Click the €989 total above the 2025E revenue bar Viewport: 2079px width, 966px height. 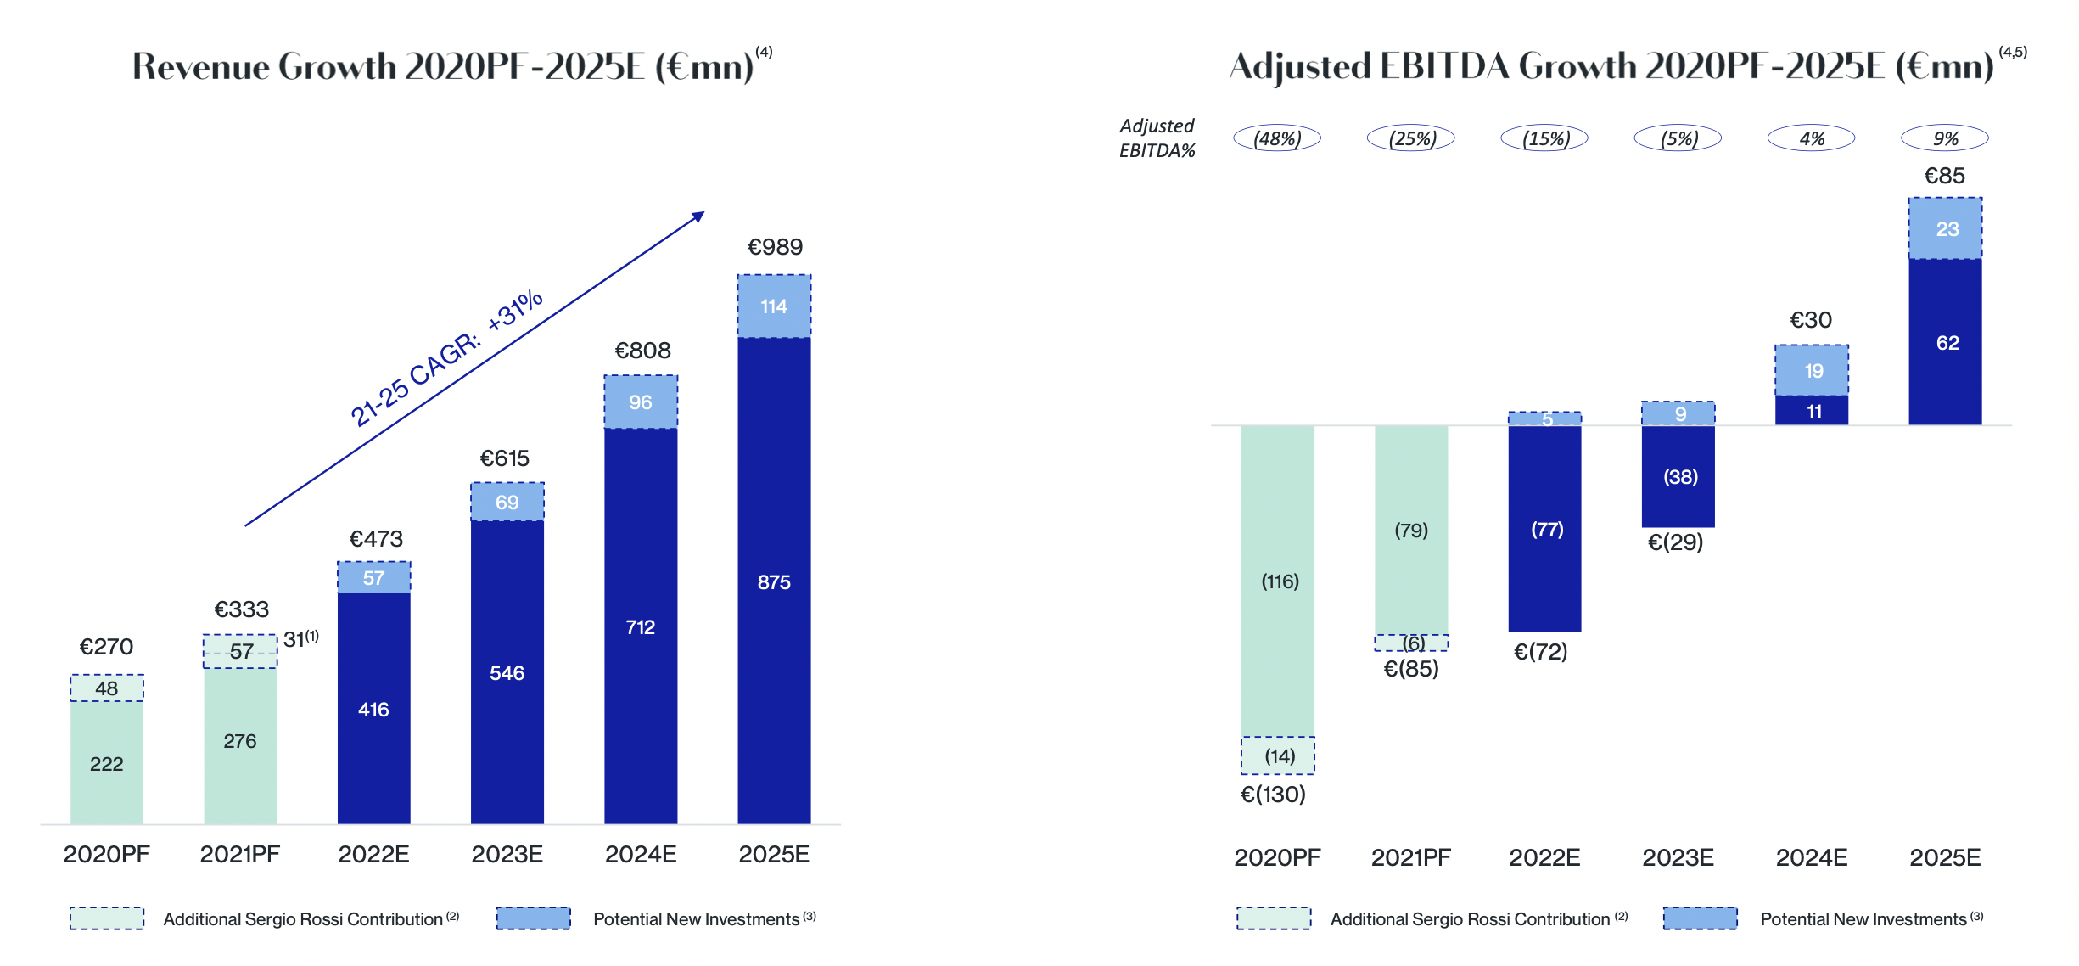(775, 247)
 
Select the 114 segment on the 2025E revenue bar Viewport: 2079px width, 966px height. (774, 306)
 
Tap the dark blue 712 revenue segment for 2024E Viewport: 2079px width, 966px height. (641, 626)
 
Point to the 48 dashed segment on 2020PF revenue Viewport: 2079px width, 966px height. (107, 688)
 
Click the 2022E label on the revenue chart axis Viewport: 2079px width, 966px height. (373, 854)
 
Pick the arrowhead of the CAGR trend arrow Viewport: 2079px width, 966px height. (699, 216)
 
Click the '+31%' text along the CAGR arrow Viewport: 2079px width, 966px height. (515, 311)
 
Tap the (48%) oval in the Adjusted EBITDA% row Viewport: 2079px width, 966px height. (1277, 138)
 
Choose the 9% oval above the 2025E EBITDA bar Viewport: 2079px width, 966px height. (1945, 138)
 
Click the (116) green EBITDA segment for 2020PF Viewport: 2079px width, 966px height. (1279, 581)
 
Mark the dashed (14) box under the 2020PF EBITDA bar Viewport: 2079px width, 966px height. (1279, 755)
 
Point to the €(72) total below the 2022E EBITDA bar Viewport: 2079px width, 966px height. (1541, 652)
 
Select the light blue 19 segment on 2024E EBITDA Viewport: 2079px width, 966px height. (1813, 371)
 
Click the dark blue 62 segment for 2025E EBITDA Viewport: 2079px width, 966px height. (1947, 343)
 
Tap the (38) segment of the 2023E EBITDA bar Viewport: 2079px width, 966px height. (1679, 477)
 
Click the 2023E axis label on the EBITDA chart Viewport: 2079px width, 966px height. (1678, 857)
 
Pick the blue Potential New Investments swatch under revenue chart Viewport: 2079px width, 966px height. (533, 918)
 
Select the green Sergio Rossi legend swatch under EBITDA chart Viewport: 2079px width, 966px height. (1274, 918)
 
